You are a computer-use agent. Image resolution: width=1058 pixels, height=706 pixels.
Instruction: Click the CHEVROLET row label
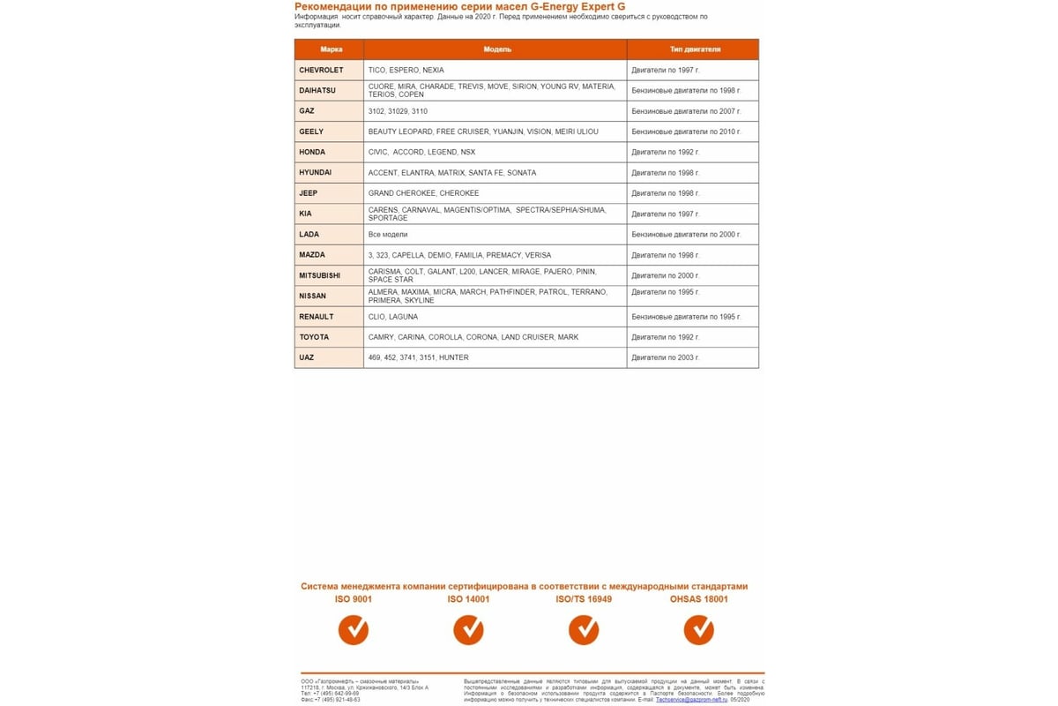tap(321, 70)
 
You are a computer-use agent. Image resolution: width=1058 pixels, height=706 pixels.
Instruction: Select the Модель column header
tap(497, 49)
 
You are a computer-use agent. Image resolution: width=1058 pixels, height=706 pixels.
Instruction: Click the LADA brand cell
tap(309, 235)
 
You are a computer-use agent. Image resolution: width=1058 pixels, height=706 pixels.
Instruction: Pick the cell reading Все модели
tap(388, 235)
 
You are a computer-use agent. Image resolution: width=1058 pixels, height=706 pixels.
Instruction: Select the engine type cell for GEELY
tap(686, 131)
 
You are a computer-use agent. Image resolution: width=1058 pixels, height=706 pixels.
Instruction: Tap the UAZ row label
tap(307, 357)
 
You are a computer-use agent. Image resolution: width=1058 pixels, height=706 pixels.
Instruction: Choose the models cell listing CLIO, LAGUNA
tap(393, 317)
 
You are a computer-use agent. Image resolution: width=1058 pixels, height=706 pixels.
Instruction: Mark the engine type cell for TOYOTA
tap(666, 337)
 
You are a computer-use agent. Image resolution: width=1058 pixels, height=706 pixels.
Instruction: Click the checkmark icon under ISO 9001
tap(354, 629)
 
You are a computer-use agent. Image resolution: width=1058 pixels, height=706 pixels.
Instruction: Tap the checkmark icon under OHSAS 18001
tap(699, 629)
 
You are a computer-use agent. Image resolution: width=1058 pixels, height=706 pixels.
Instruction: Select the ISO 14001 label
tap(468, 599)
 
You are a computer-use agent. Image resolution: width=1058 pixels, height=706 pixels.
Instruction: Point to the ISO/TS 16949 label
tap(584, 599)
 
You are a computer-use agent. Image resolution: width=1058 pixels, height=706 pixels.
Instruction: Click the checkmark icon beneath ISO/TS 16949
tap(584, 629)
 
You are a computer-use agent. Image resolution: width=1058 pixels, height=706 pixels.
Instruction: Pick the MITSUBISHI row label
tap(319, 275)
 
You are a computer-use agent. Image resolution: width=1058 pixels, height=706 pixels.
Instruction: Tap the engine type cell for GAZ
tap(686, 111)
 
